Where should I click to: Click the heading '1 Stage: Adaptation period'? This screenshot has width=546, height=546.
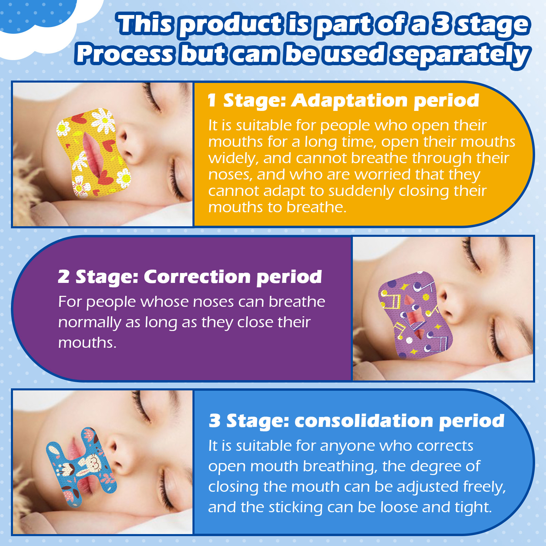343,101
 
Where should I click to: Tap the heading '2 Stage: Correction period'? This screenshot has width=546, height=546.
190,277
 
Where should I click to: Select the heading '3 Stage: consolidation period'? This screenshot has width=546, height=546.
356,421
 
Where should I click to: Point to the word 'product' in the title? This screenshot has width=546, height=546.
231,25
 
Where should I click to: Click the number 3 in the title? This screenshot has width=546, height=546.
443,25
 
